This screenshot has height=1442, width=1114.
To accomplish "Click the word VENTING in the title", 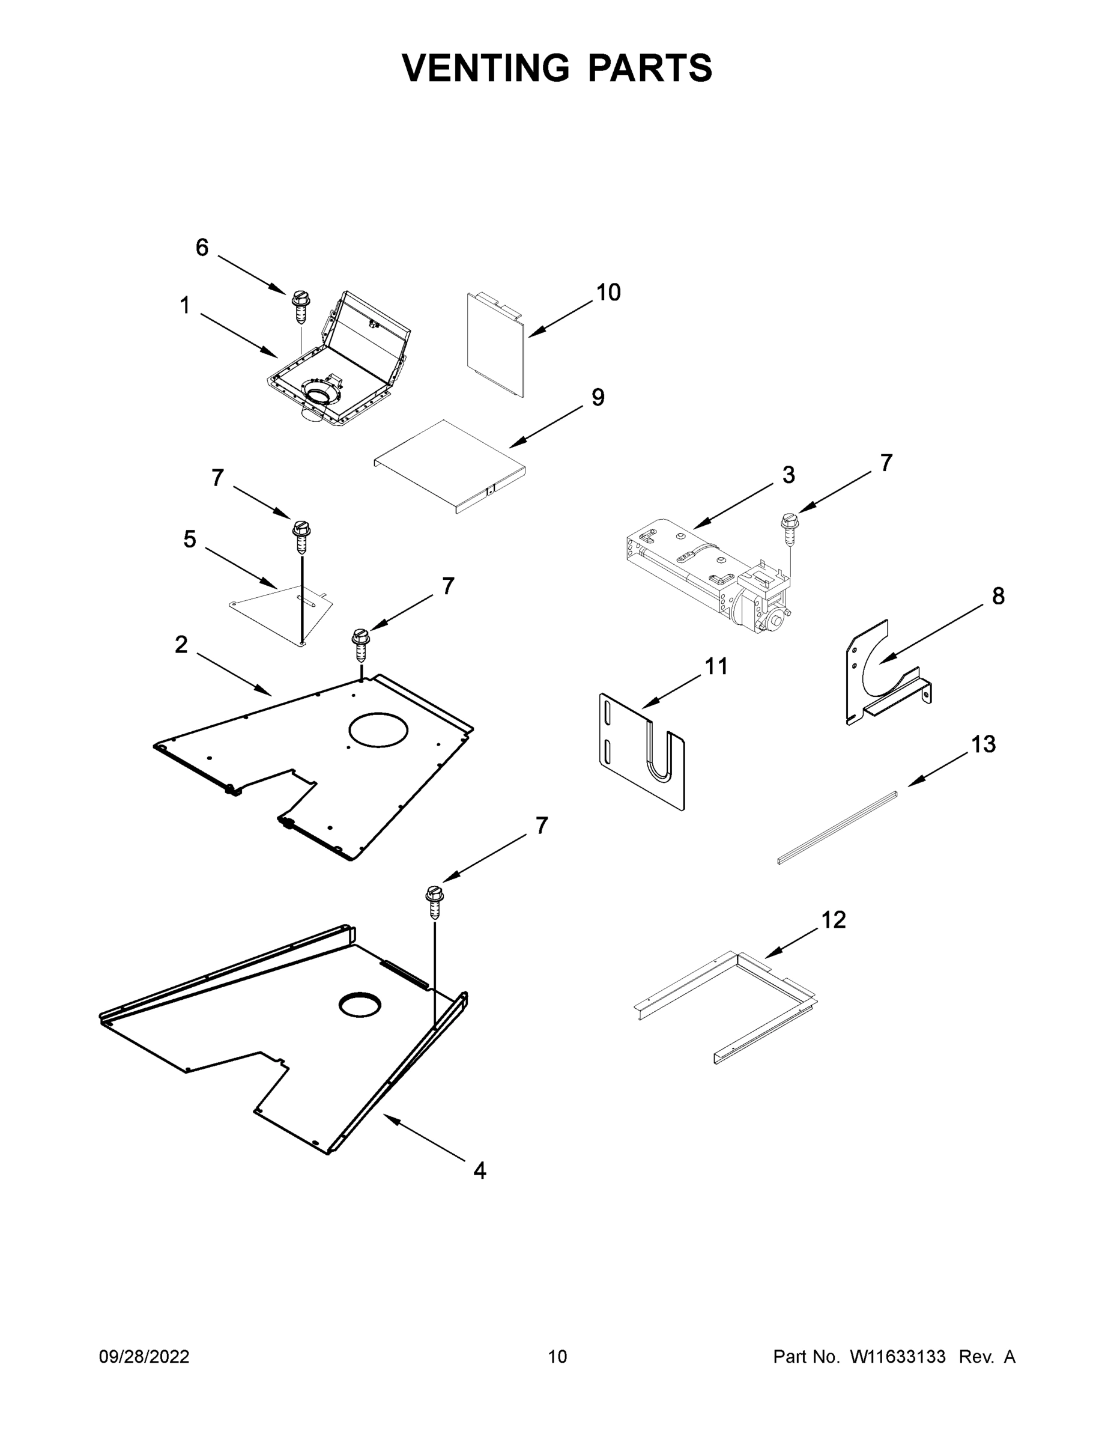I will [485, 67].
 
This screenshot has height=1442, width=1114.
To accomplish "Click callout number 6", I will [202, 248].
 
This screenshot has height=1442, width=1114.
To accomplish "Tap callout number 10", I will [608, 293].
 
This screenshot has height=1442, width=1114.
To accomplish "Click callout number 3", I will [788, 475].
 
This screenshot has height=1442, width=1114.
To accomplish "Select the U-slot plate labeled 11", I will [640, 753].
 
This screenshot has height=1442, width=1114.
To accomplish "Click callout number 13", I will [982, 744].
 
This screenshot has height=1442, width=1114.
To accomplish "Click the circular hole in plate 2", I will [378, 729].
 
